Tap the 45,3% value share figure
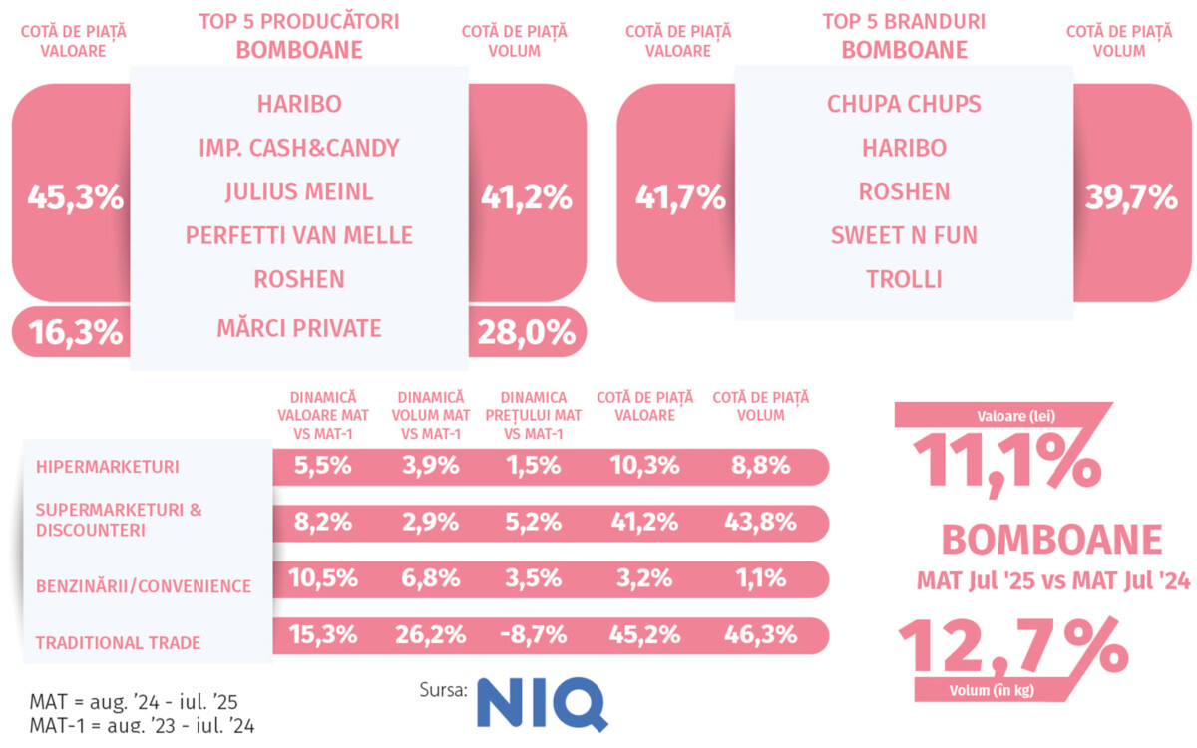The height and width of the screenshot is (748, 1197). click(x=76, y=196)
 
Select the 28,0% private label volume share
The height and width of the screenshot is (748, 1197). click(x=527, y=331)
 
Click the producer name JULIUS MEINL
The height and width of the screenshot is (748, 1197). click(x=299, y=191)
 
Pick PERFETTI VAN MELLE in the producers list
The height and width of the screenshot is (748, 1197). click(x=299, y=235)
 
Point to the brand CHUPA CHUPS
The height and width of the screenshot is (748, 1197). click(x=904, y=104)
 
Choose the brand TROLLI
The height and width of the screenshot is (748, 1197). click(x=904, y=279)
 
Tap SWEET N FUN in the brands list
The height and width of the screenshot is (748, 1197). click(x=904, y=235)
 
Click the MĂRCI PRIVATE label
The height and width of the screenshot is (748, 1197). click(x=299, y=327)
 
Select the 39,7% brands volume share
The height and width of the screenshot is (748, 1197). click(x=1132, y=196)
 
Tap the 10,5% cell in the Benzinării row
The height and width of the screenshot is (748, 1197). click(x=321, y=578)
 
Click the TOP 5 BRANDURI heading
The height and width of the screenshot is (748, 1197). click(x=904, y=21)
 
